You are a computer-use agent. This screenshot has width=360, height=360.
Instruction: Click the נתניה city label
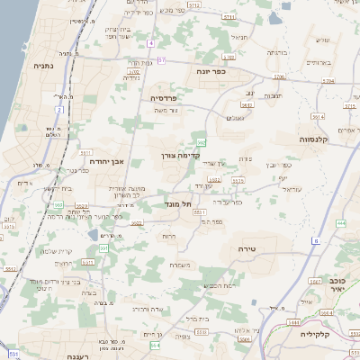43,66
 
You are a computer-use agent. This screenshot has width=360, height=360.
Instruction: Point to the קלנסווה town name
317,140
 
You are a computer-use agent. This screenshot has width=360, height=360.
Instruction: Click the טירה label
248,247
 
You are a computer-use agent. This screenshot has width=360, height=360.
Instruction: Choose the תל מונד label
181,204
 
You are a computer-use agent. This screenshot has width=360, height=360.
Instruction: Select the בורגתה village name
277,53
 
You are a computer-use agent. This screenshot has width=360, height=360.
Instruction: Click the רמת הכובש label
220,285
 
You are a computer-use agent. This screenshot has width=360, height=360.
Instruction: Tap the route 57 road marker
161,59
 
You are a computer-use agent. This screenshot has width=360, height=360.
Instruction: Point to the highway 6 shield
316,240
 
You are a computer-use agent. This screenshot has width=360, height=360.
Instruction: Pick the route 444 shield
340,221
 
